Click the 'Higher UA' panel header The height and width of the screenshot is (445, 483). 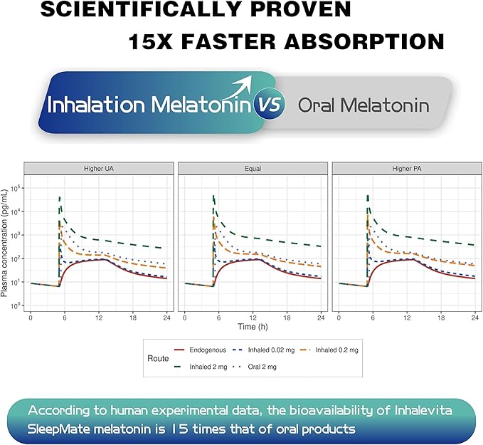pos(98,169)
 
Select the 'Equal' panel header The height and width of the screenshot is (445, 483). pos(253,169)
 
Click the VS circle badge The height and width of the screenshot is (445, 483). pos(270,105)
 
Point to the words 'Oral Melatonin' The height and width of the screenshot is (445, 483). pos(363,106)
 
